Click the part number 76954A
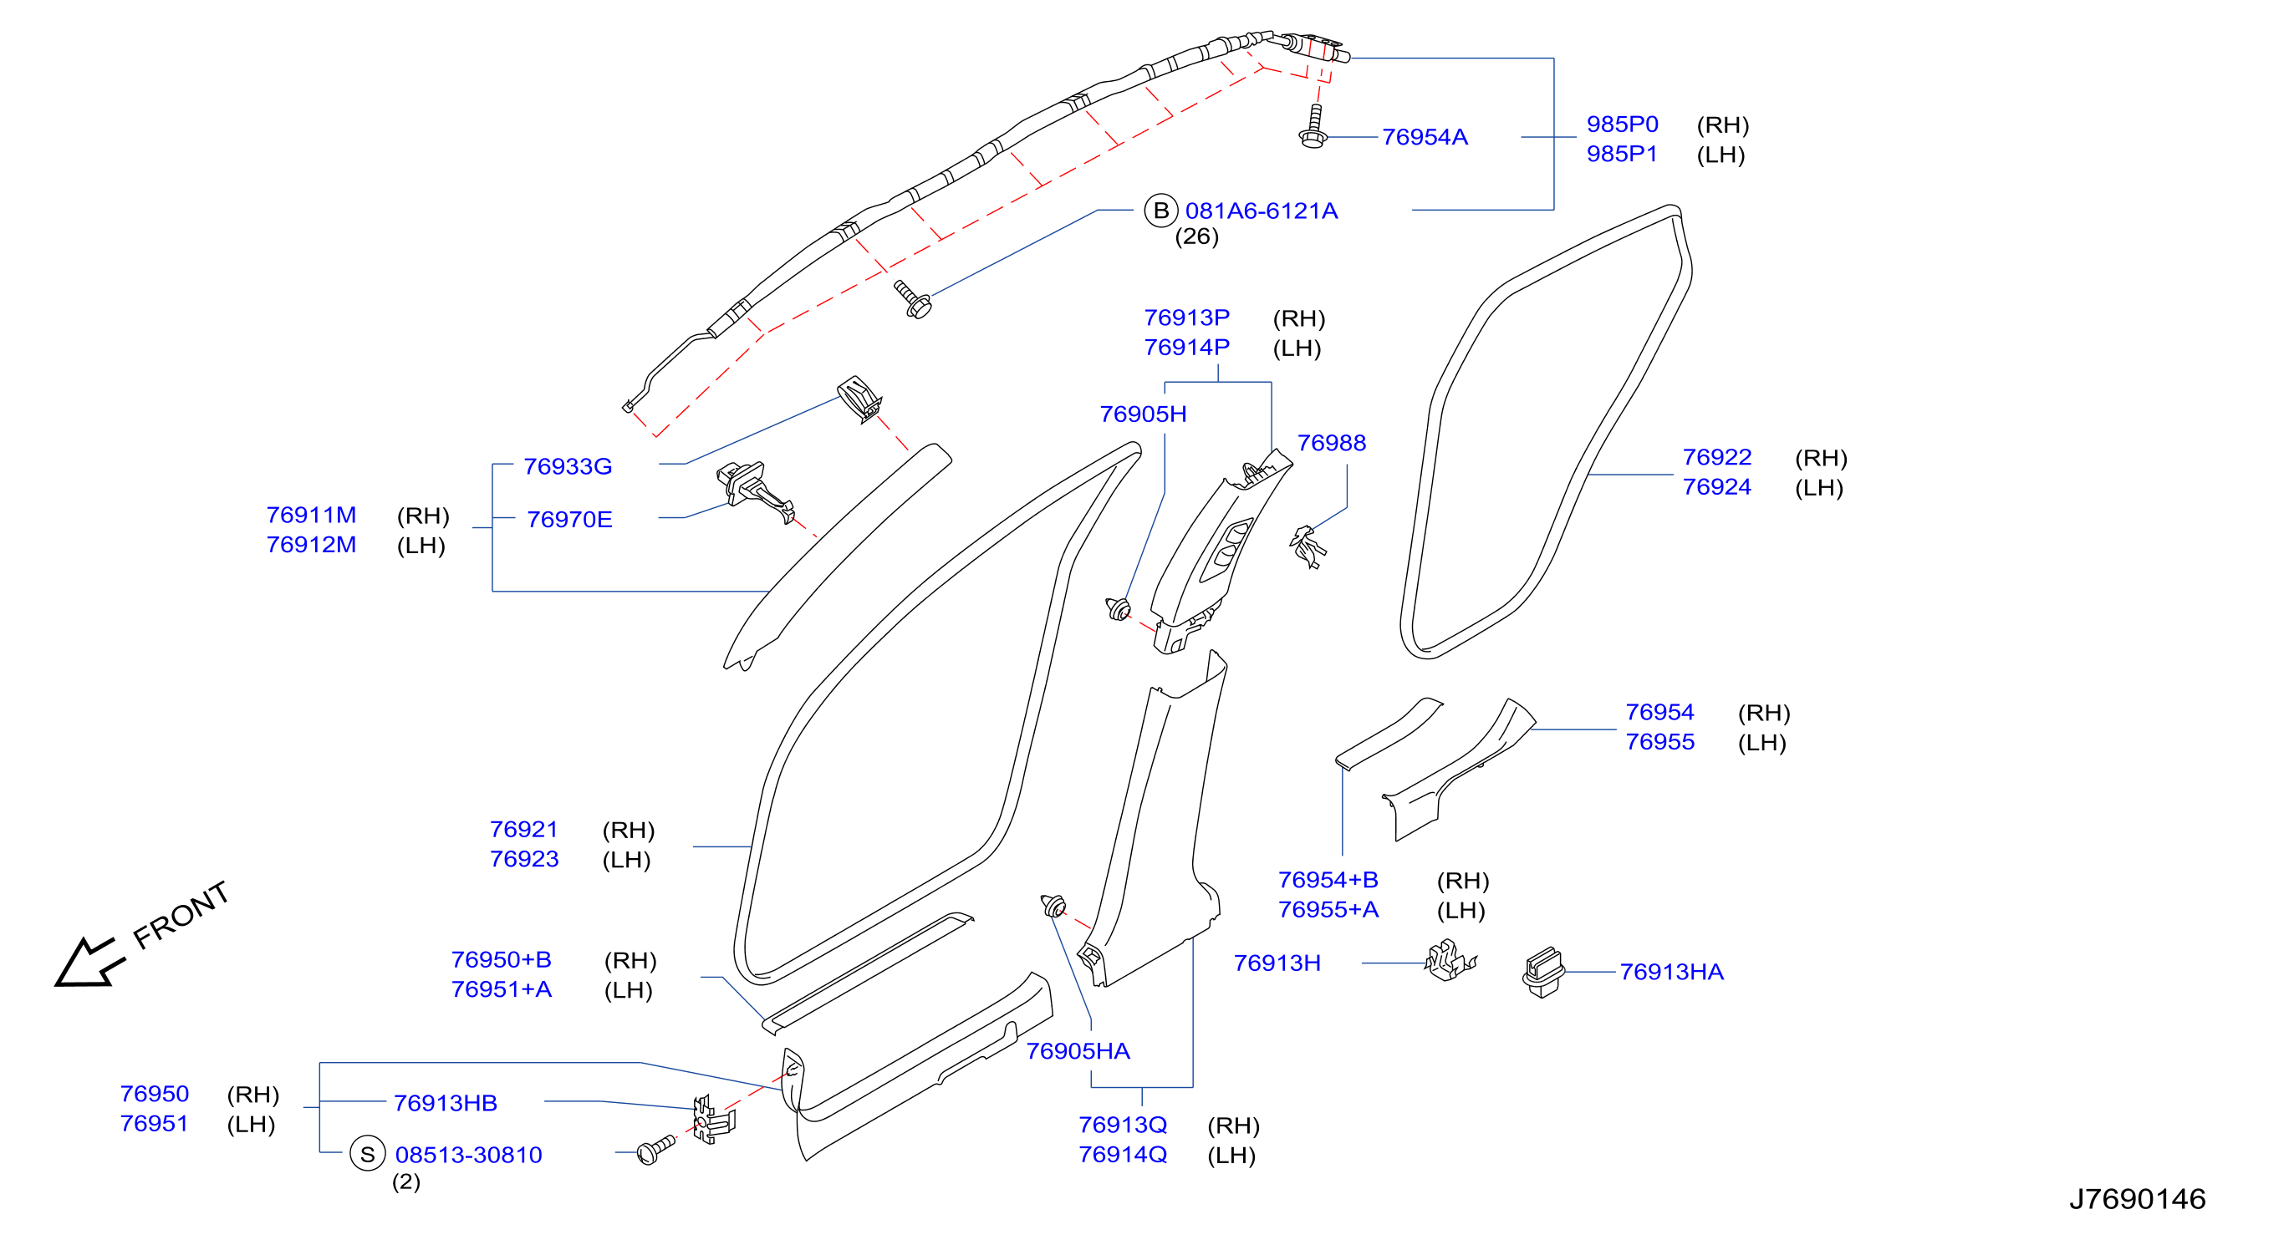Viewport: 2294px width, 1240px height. tap(1424, 137)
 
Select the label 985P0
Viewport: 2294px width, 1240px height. tap(1622, 125)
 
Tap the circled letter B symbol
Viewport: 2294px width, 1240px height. tap(1160, 211)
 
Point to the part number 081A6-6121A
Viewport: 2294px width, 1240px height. tap(1261, 211)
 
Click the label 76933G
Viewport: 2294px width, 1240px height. tap(568, 466)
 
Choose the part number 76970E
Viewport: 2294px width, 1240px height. tap(569, 519)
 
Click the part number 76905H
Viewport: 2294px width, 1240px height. tap(1143, 414)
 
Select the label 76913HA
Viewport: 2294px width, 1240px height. tap(1671, 972)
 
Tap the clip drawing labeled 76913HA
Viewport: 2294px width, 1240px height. tap(1543, 971)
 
